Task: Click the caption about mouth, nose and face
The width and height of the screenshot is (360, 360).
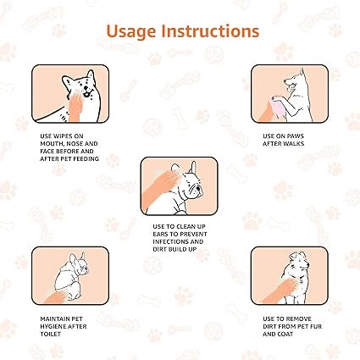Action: [69, 147]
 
